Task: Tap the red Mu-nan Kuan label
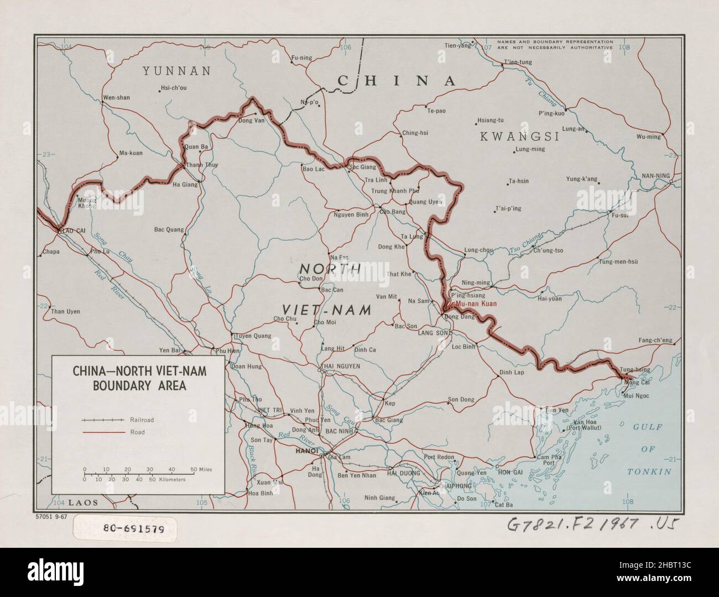tap(475, 303)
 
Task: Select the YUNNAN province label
tap(176, 71)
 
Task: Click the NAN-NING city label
tap(655, 176)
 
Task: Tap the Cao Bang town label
tap(393, 211)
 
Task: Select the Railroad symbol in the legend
tap(104, 420)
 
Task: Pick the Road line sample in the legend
tap(104, 432)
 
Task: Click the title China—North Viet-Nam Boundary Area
tap(139, 378)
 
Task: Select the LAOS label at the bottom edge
tap(83, 502)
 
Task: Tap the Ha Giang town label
tap(185, 185)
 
